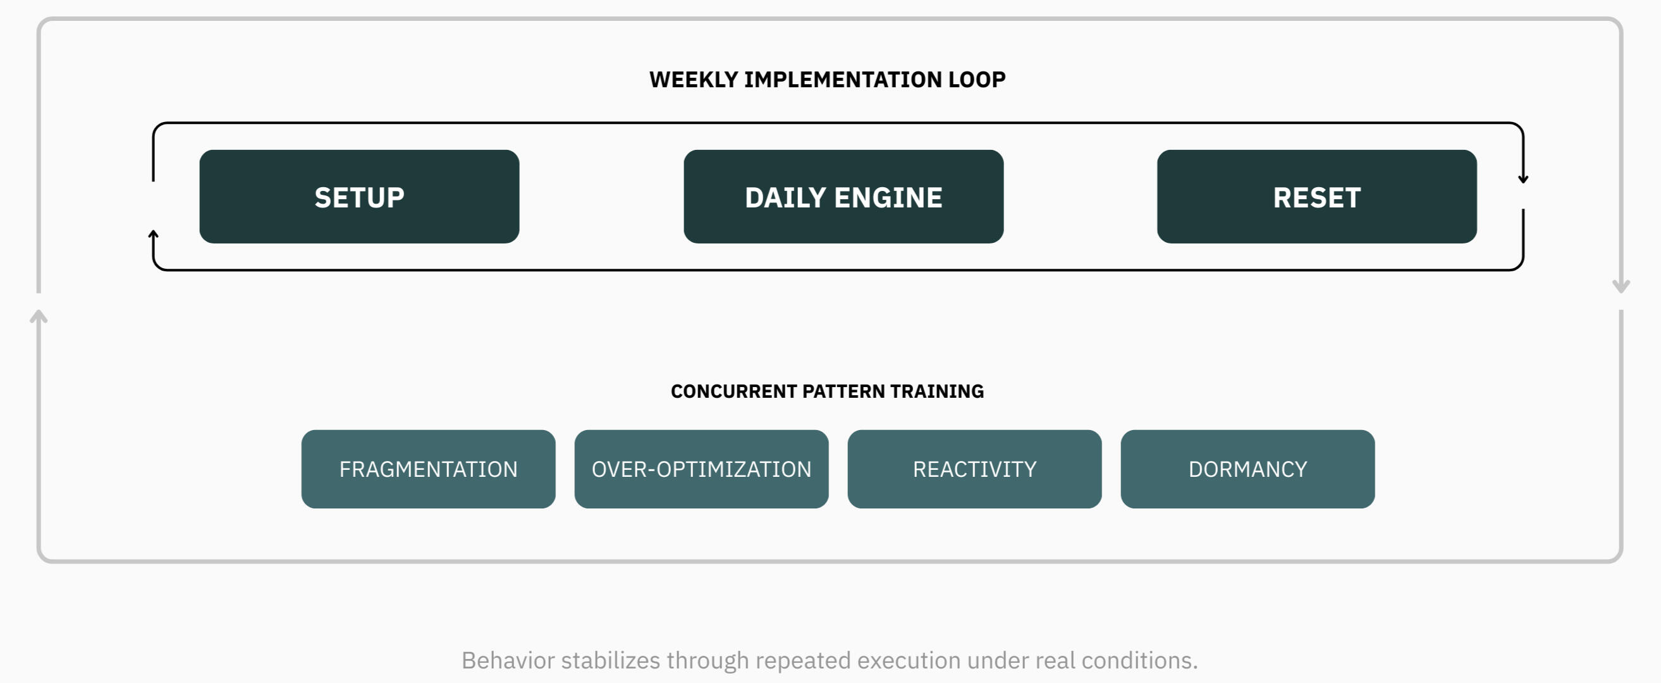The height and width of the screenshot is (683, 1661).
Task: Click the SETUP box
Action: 359,197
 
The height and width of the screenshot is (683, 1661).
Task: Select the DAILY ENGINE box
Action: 843,197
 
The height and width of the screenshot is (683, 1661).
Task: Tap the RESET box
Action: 1316,197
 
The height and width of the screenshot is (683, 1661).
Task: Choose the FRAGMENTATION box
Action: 428,469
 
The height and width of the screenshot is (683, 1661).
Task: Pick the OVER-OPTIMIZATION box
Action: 702,469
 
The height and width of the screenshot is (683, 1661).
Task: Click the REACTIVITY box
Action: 974,469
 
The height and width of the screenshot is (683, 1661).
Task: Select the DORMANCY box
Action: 1247,469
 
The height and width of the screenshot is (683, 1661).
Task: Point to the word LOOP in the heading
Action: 977,79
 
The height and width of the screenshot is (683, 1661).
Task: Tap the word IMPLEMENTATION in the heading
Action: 843,79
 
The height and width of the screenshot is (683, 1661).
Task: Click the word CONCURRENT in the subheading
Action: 734,391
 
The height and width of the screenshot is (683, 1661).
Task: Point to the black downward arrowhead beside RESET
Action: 1523,178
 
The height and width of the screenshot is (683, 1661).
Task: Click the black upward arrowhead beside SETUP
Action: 154,235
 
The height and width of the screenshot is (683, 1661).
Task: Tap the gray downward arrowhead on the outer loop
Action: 1621,286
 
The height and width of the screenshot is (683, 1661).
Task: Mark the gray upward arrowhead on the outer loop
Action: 39,316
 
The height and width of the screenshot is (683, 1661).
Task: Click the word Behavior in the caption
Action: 508,660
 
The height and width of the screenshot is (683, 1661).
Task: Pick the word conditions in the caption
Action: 1139,660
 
